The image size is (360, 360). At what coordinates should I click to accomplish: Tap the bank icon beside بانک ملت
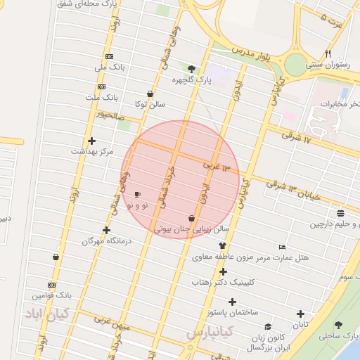[x=102, y=87]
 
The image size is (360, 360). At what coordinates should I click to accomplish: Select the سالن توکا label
[x=151, y=104]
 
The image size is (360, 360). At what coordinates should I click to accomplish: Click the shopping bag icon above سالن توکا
[x=150, y=94]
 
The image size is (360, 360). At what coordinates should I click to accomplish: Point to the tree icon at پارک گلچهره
[x=192, y=68]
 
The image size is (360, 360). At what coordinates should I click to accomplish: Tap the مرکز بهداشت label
[x=92, y=151]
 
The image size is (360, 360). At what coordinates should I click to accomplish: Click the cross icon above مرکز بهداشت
[x=91, y=141]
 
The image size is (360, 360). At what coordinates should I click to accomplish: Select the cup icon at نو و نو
[x=137, y=194]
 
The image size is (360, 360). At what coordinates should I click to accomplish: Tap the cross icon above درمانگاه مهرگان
[x=106, y=230]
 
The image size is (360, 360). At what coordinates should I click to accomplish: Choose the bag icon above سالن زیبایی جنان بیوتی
[x=192, y=218]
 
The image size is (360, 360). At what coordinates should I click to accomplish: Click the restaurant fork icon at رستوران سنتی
[x=328, y=54]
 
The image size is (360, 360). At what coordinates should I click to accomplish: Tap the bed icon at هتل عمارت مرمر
[x=282, y=247]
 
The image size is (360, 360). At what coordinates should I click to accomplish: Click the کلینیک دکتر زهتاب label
[x=224, y=282]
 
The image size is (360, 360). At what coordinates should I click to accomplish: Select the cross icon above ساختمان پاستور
[x=232, y=302]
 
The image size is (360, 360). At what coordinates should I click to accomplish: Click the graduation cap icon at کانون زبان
[x=268, y=326]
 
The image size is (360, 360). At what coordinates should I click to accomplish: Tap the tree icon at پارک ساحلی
[x=339, y=326]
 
